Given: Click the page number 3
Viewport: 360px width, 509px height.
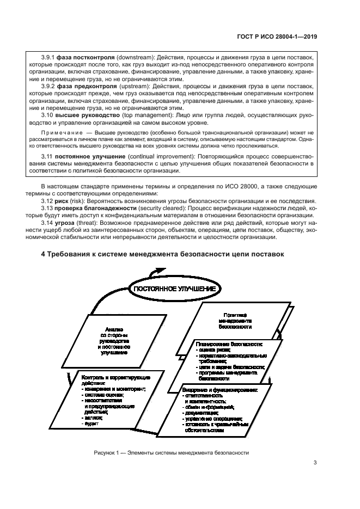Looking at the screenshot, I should [x=315, y=463].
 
